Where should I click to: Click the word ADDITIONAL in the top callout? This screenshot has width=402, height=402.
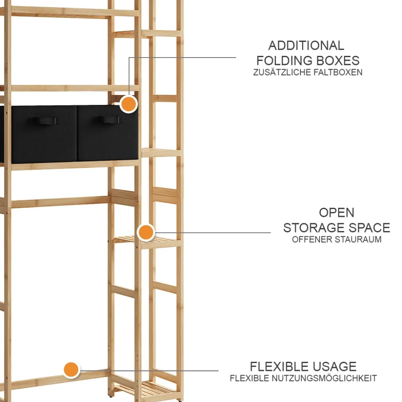click(x=306, y=46)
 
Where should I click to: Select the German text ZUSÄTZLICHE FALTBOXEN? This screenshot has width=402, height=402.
click(x=308, y=72)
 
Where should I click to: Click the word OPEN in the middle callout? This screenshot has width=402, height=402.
click(x=337, y=213)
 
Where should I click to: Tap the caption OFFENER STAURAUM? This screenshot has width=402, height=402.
click(x=337, y=240)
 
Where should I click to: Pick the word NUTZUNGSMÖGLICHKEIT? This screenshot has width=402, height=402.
click(x=324, y=378)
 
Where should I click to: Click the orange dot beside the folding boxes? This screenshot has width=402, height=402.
click(x=128, y=104)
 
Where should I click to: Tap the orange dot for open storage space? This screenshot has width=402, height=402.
click(x=146, y=232)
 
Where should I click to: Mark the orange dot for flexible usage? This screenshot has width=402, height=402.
click(x=71, y=369)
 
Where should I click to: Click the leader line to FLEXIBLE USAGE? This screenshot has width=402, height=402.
click(x=166, y=370)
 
